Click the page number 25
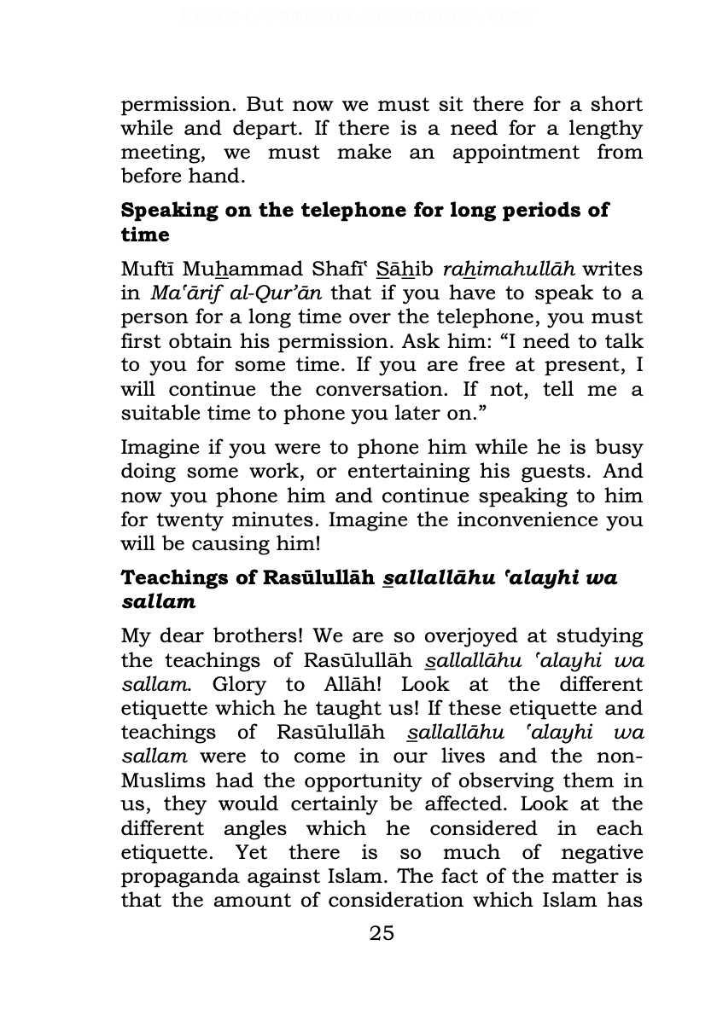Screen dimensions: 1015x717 coord(382,932)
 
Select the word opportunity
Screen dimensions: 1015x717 coord(389,780)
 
